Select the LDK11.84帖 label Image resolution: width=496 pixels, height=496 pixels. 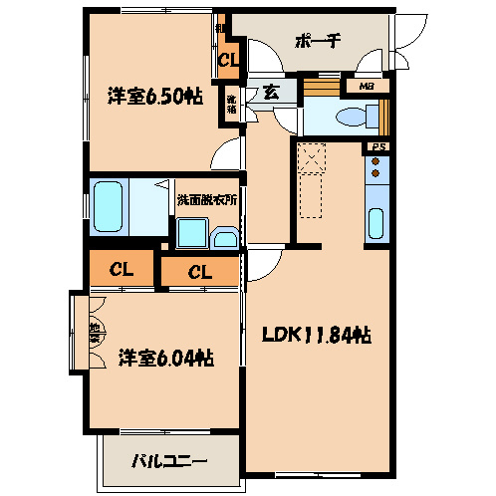318,336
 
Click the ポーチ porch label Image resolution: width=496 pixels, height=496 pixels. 318,41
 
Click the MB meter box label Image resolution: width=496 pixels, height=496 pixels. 369,87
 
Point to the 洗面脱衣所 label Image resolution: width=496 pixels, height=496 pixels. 207,198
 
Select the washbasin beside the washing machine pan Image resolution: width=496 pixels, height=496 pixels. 225,238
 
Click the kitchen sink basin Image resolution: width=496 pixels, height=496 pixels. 376,223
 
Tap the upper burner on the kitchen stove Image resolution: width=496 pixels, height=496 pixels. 376,170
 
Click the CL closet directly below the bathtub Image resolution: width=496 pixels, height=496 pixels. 123,269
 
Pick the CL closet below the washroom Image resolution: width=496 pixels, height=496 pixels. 198,270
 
